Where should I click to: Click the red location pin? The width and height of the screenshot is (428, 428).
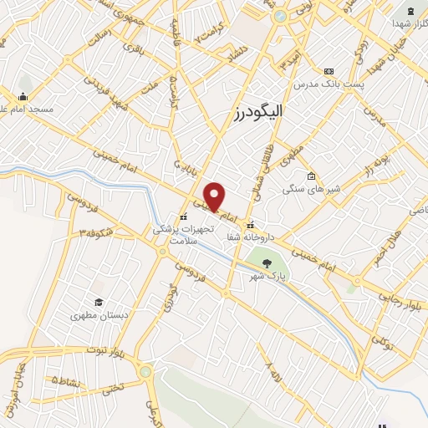coord(215,196)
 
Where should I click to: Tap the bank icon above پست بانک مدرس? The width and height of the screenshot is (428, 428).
coord(329,71)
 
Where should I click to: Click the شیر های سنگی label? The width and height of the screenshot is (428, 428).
coord(310,188)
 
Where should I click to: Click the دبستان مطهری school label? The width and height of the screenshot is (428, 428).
coord(98,315)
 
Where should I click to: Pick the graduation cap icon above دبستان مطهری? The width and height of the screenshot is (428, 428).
coord(98,302)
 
